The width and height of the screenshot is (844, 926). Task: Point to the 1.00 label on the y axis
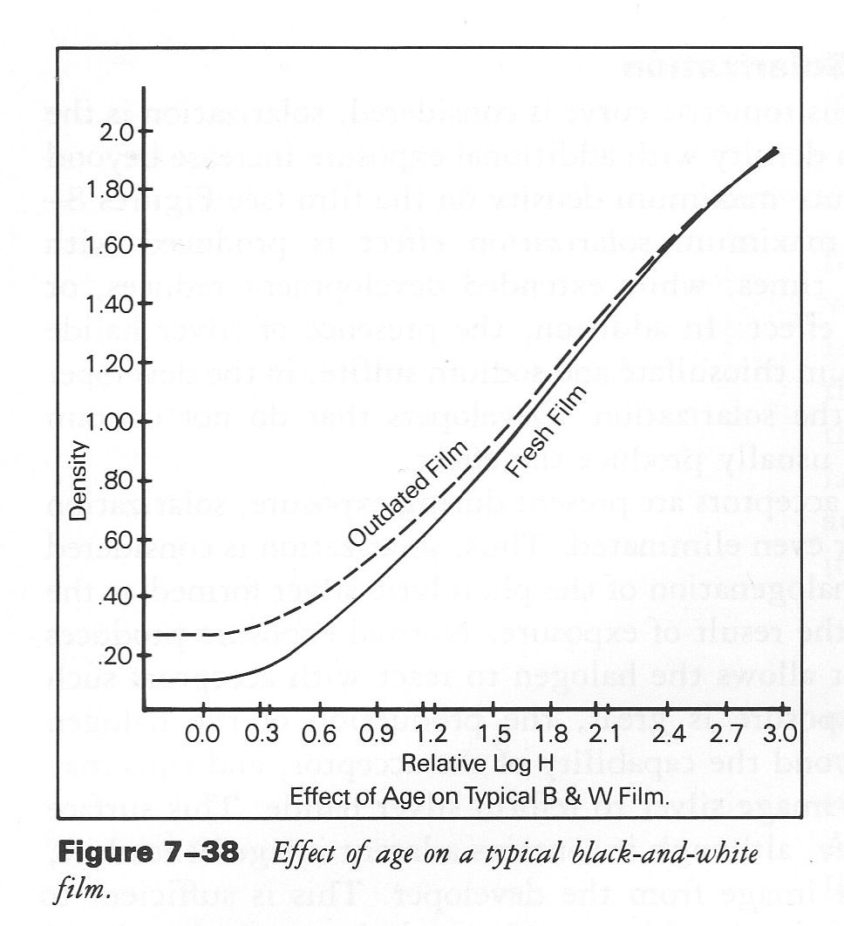[110, 422]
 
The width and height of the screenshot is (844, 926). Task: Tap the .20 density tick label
[117, 656]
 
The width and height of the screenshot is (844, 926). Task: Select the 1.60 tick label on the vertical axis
[110, 247]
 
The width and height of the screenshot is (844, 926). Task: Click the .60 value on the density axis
[117, 540]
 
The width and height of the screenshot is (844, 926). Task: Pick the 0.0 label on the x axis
[202, 735]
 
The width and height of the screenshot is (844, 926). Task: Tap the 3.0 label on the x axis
[779, 735]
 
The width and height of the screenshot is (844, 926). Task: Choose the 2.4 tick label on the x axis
[664, 735]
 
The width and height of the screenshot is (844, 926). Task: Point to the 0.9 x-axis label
[377, 735]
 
